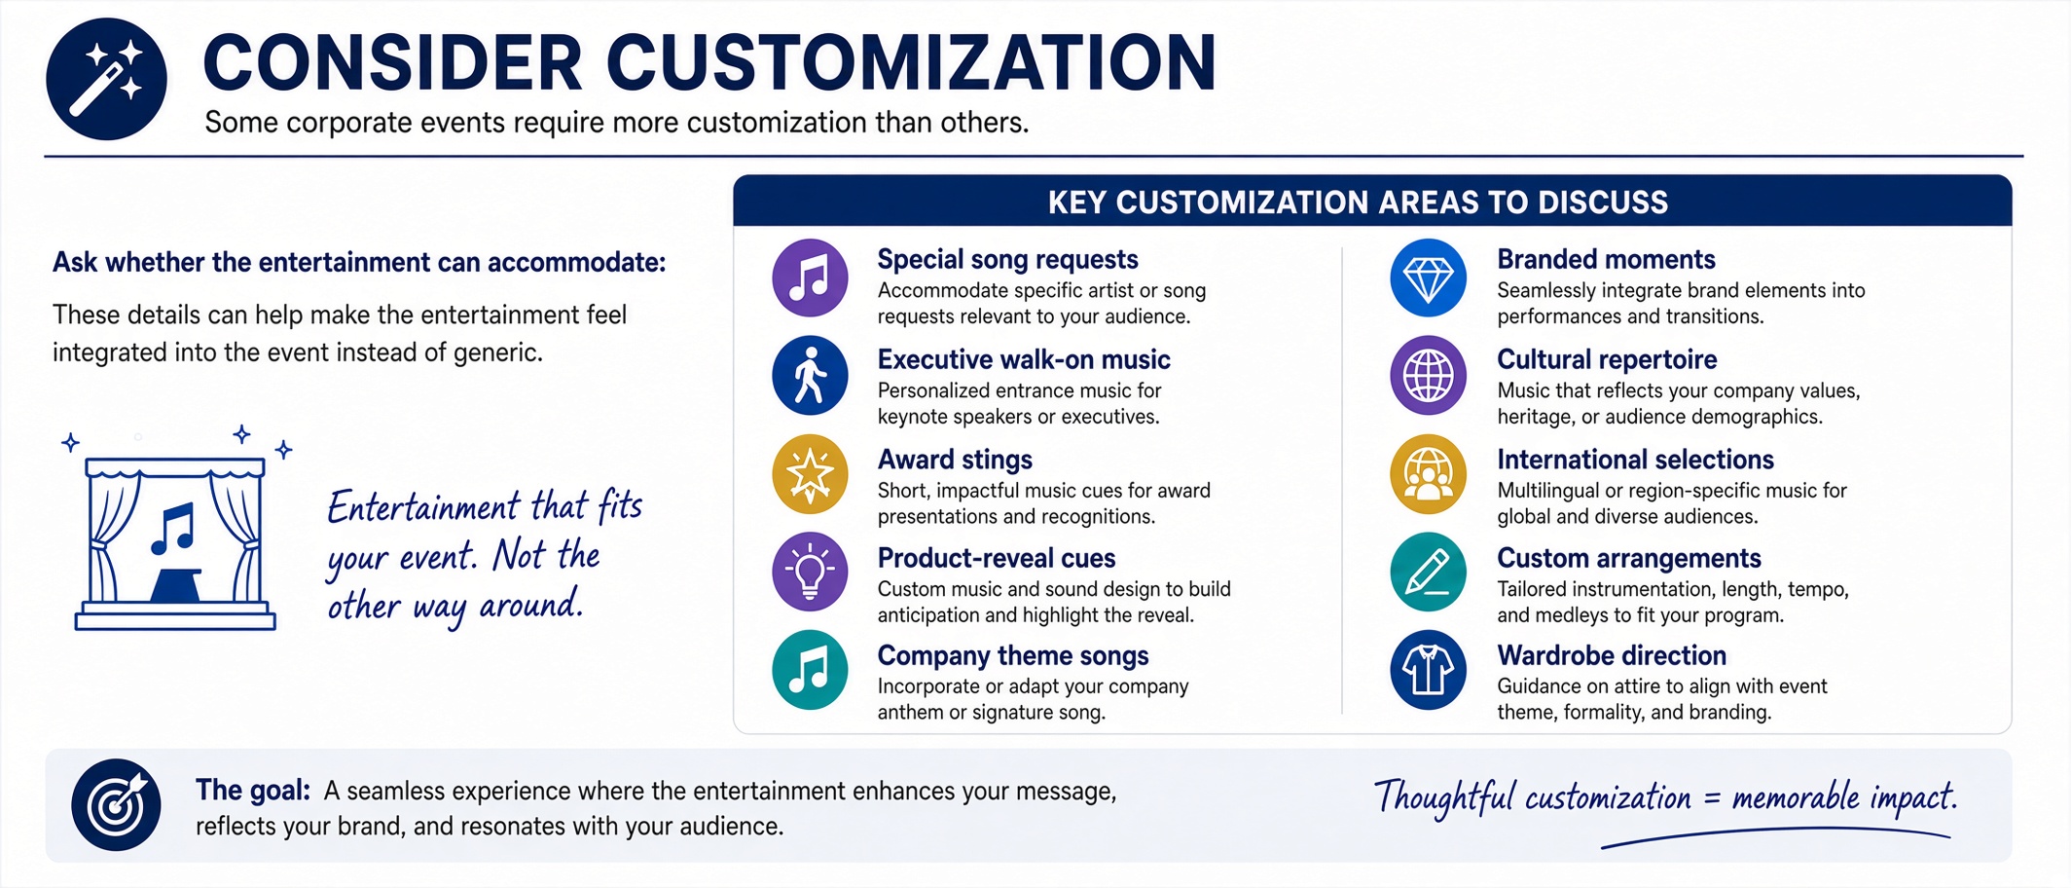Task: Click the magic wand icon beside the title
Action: (x=106, y=79)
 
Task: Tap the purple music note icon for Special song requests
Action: (x=810, y=278)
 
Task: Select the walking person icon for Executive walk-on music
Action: (x=810, y=376)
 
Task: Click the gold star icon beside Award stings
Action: (x=810, y=474)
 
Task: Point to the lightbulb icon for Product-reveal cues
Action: (x=810, y=572)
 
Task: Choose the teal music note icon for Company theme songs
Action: (x=810, y=670)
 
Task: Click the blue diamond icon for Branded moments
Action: (x=1428, y=278)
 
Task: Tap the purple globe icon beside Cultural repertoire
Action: (x=1428, y=376)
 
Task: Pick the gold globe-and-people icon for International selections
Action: (x=1428, y=474)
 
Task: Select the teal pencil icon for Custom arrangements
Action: (x=1428, y=572)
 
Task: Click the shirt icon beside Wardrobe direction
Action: (x=1428, y=670)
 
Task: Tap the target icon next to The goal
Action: (x=116, y=805)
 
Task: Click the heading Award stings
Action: (x=955, y=460)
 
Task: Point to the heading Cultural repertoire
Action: (x=1607, y=359)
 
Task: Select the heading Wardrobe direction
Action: (x=1612, y=655)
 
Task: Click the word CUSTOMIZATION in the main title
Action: (x=911, y=62)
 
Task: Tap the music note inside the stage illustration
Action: (x=173, y=530)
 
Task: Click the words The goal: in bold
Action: (x=253, y=790)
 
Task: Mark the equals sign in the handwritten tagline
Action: (x=1712, y=799)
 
